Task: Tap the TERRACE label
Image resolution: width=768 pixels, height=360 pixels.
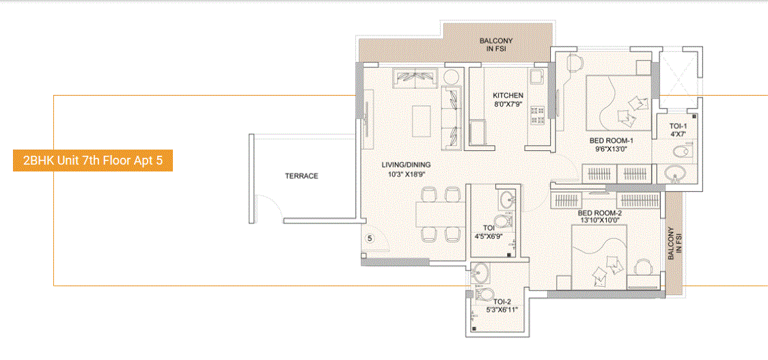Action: pyautogui.click(x=301, y=176)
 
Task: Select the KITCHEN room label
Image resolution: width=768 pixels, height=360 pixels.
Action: pyautogui.click(x=508, y=96)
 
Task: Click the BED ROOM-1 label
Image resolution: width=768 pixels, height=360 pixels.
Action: pyautogui.click(x=612, y=141)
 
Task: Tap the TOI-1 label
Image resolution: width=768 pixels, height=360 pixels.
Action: pyautogui.click(x=678, y=126)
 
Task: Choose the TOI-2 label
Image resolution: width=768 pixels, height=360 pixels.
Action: pyautogui.click(x=502, y=301)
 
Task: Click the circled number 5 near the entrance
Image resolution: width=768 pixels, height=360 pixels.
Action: pyautogui.click(x=370, y=238)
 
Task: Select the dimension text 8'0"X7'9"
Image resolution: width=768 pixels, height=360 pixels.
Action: pyautogui.click(x=508, y=105)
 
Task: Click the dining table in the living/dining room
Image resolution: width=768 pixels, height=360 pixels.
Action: pyautogui.click(x=437, y=214)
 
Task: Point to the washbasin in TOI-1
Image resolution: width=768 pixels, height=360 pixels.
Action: pyautogui.click(x=675, y=174)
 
